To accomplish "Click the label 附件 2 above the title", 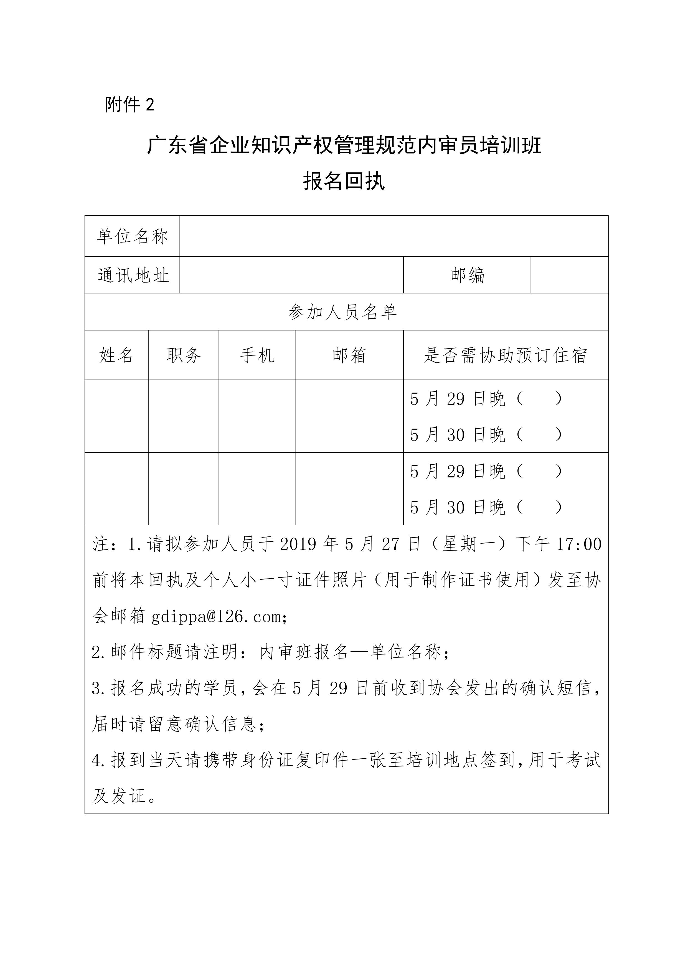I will click(x=130, y=104).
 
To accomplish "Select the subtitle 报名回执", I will click(x=344, y=181).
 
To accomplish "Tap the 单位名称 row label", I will click(x=132, y=236).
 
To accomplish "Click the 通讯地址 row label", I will click(x=133, y=275).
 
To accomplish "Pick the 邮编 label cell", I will click(x=467, y=275).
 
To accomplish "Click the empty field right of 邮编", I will click(x=569, y=275).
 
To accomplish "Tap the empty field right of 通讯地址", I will click(x=291, y=275).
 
